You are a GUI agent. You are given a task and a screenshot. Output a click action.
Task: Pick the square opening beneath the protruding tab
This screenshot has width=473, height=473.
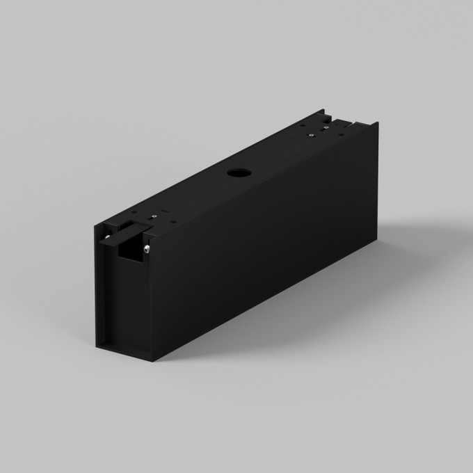pos(130,252)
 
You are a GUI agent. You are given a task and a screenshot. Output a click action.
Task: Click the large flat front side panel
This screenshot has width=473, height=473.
pos(264,243)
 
